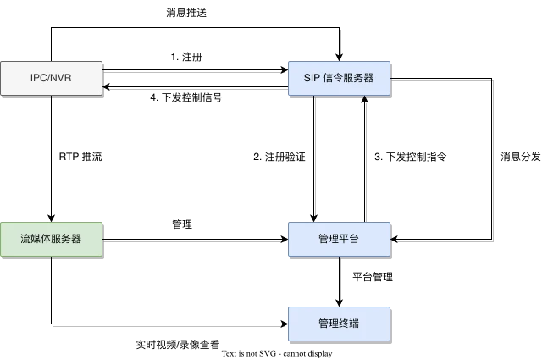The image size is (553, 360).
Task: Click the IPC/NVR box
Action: (51, 78)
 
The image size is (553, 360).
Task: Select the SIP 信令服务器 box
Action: (339, 78)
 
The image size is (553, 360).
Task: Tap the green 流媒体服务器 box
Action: (51, 239)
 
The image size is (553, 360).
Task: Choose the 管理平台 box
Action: (339, 239)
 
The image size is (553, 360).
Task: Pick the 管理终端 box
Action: (339, 324)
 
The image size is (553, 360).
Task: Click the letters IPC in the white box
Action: (38, 78)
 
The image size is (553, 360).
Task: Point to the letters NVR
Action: (61, 78)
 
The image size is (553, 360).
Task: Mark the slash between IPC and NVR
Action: (49, 78)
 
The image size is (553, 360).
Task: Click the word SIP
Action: (311, 78)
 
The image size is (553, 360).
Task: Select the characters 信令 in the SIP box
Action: (333, 78)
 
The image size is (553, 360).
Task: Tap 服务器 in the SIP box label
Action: (358, 78)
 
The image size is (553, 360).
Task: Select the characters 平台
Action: (349, 239)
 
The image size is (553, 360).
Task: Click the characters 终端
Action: (349, 324)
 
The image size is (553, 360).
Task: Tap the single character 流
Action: (25, 239)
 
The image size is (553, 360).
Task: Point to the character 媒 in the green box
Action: (36, 239)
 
